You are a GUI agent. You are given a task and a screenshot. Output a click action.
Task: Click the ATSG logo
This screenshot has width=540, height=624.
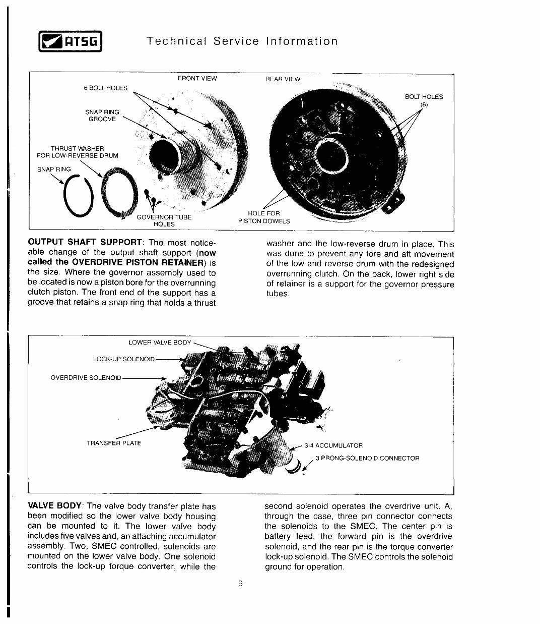[71, 42]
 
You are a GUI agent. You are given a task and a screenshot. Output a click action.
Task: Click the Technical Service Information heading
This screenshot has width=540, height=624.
[242, 41]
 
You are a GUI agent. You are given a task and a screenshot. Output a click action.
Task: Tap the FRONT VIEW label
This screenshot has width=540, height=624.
[197, 79]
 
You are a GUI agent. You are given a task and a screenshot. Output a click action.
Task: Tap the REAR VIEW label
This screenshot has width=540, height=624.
[283, 79]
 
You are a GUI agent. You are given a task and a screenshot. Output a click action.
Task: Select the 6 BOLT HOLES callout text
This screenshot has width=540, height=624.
[105, 88]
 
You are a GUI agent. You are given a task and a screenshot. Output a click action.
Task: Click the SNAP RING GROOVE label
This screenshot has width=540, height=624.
[102, 116]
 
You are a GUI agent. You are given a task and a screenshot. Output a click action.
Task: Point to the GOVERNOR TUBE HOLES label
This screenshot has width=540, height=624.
[164, 220]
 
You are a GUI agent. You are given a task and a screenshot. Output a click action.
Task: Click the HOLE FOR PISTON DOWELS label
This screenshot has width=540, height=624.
[264, 217]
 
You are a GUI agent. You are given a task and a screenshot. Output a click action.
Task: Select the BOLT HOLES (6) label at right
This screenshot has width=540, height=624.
[424, 100]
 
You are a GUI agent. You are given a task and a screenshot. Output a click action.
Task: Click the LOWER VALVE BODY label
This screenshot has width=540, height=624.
[160, 343]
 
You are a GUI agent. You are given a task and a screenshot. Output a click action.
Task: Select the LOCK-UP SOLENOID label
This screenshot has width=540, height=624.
[124, 359]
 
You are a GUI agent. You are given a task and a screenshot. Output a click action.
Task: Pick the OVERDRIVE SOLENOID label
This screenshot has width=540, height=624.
[86, 377]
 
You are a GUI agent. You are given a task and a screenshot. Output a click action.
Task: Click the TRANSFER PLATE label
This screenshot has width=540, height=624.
[114, 443]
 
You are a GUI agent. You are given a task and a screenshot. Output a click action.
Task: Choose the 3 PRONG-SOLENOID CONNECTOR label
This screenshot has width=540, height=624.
[367, 459]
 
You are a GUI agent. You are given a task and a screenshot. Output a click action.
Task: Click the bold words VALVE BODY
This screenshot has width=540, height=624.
[55, 506]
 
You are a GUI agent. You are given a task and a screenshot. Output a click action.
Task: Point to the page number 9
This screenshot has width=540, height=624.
[240, 584]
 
